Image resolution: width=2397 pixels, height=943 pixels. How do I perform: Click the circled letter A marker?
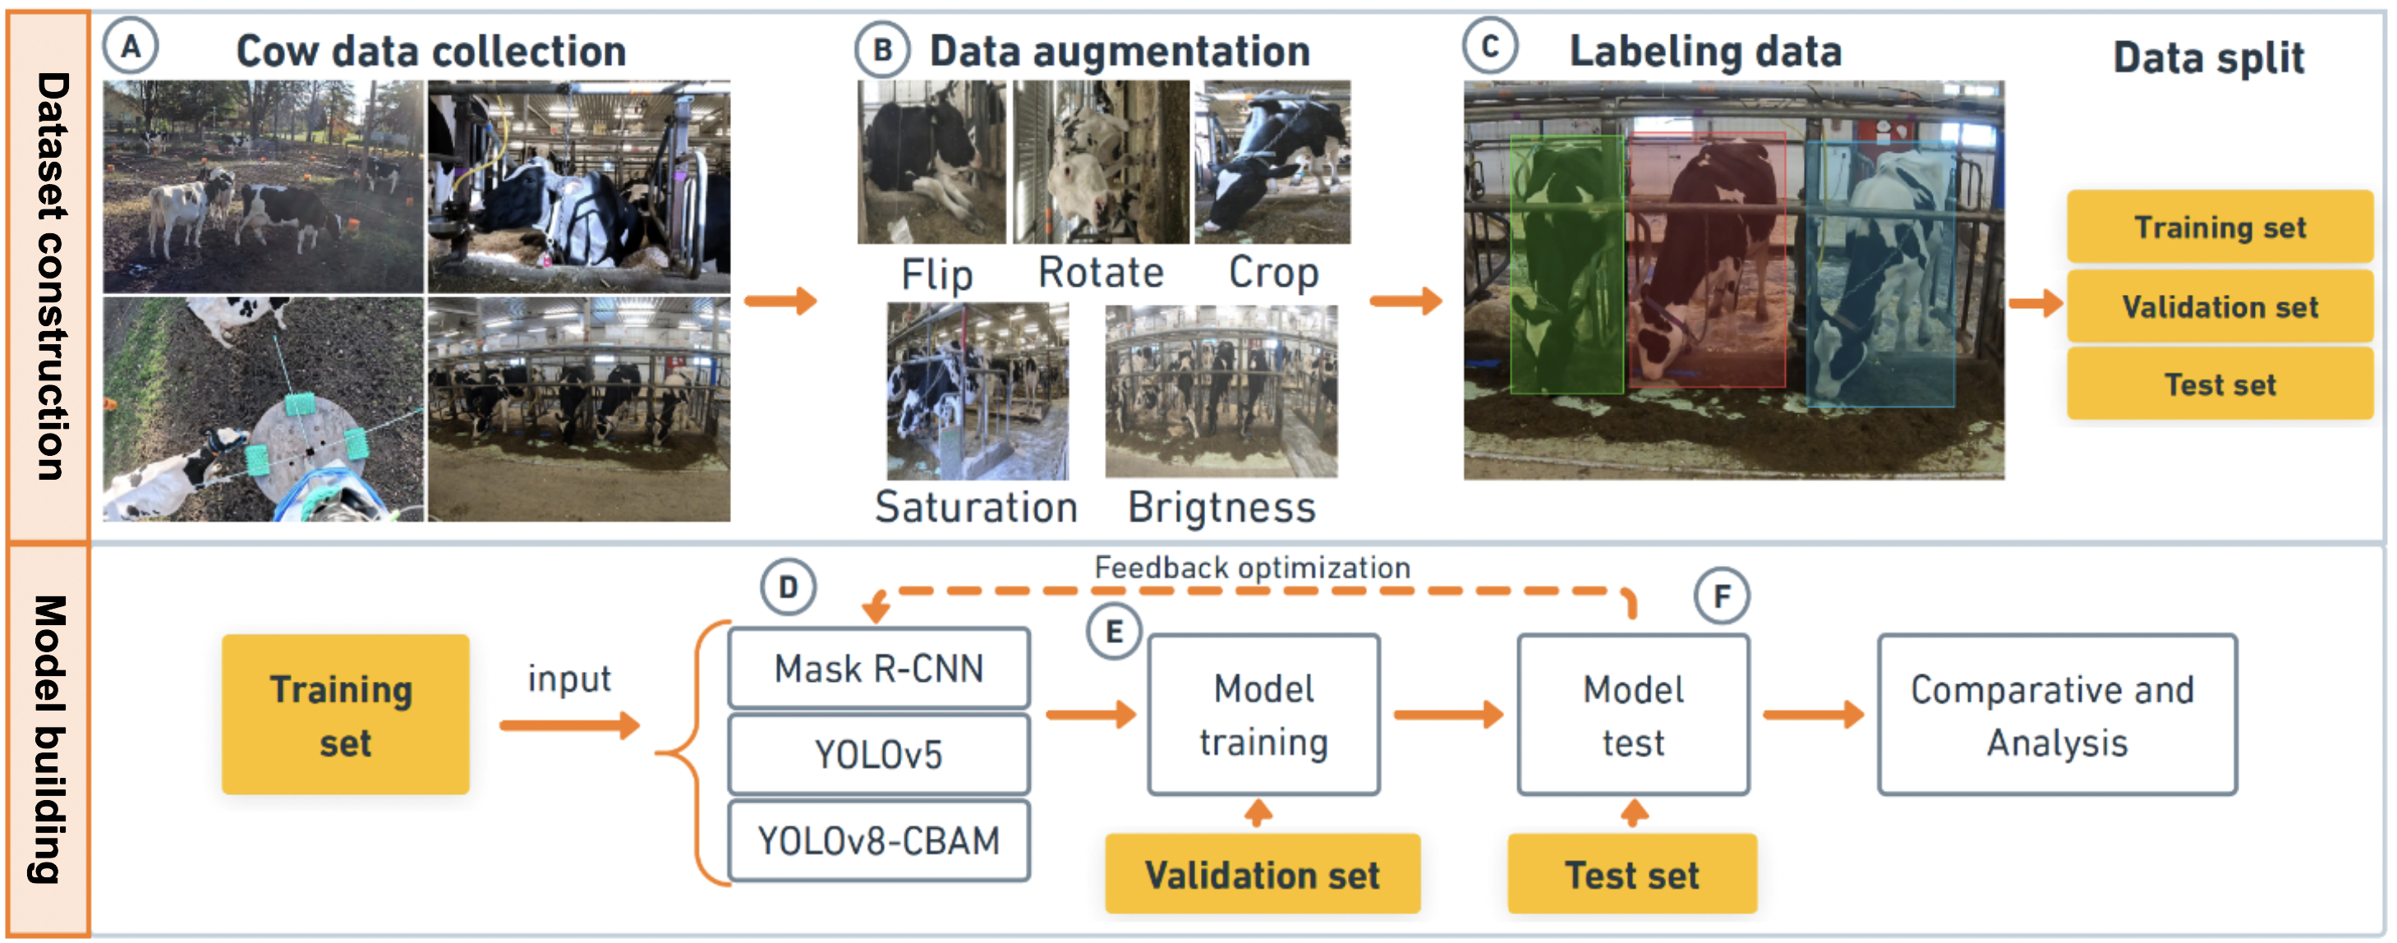click(x=131, y=46)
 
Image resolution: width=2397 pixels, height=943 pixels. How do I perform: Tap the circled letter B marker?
click(x=882, y=49)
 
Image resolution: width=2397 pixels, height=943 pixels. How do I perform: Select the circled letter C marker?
click(x=1490, y=46)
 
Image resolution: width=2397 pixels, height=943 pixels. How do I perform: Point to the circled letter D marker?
click(x=788, y=587)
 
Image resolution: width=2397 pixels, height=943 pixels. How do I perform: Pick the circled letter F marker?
click(x=1722, y=596)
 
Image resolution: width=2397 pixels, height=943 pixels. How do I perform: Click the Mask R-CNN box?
click(x=878, y=669)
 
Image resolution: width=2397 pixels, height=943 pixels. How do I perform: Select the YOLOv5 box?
click(x=878, y=754)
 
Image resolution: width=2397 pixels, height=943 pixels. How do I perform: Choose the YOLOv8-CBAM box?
click(x=878, y=840)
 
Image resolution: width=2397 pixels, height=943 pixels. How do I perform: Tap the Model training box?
click(x=1263, y=715)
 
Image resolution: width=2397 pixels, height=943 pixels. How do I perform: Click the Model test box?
click(x=1633, y=715)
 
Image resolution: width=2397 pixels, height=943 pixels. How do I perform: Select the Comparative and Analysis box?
click(x=2056, y=715)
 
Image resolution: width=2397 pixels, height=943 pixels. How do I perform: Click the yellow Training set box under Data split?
click(x=2220, y=228)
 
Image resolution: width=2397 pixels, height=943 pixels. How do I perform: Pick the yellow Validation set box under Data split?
click(x=2220, y=306)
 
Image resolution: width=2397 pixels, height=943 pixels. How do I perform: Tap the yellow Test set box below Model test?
click(x=1632, y=874)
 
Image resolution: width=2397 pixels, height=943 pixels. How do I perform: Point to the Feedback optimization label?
click(x=1252, y=567)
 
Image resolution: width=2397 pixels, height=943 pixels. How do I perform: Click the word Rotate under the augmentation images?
click(x=1101, y=273)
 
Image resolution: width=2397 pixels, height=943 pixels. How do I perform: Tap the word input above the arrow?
click(x=569, y=678)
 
